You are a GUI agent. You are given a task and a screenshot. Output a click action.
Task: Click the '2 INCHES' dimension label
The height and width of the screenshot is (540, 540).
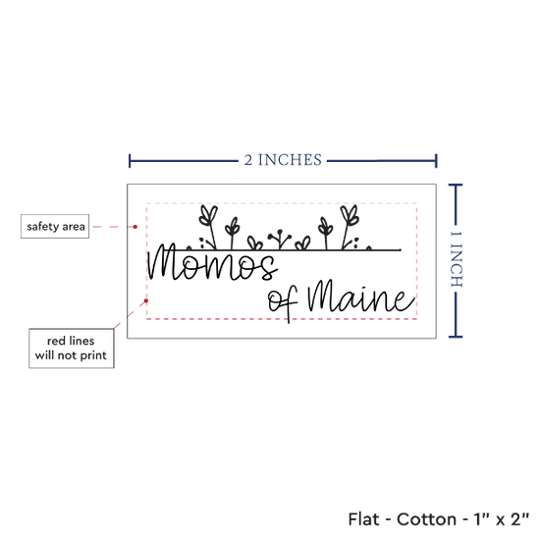[283, 160]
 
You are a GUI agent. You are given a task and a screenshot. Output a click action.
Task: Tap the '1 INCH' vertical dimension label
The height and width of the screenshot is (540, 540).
[456, 259]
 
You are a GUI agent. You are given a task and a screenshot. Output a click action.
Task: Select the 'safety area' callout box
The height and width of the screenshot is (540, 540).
[55, 226]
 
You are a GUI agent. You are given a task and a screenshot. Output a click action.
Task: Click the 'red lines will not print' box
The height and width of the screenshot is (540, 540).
[72, 349]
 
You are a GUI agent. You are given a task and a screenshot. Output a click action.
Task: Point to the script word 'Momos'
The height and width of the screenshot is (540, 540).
[212, 262]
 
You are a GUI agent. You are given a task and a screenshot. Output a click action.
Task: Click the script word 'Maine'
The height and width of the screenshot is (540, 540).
[361, 297]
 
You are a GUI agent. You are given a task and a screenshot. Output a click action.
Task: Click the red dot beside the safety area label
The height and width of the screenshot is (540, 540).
[135, 227]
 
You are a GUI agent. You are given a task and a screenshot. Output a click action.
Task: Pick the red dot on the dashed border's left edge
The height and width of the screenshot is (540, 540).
[146, 300]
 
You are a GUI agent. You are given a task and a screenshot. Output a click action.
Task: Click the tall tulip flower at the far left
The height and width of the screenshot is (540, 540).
[209, 226]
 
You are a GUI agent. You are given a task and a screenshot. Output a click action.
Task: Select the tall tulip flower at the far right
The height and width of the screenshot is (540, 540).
[349, 226]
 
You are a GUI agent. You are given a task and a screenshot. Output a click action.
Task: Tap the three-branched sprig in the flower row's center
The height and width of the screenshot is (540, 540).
[280, 239]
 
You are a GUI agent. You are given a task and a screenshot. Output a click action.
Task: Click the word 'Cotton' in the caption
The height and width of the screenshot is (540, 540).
[426, 519]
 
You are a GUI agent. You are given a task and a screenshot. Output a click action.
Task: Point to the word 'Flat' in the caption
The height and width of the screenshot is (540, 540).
[363, 519]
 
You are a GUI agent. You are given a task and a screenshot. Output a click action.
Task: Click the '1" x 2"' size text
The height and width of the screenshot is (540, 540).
[502, 519]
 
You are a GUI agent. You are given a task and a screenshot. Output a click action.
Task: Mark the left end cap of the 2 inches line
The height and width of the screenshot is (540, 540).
[130, 161]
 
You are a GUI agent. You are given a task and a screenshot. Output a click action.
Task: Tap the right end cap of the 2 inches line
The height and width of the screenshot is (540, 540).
[436, 161]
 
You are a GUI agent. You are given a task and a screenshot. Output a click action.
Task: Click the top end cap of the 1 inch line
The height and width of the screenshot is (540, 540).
[456, 186]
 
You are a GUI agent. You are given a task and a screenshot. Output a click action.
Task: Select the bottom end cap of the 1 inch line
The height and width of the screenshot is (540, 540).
[456, 336]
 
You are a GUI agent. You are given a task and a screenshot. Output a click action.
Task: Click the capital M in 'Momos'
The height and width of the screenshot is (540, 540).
[165, 262]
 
